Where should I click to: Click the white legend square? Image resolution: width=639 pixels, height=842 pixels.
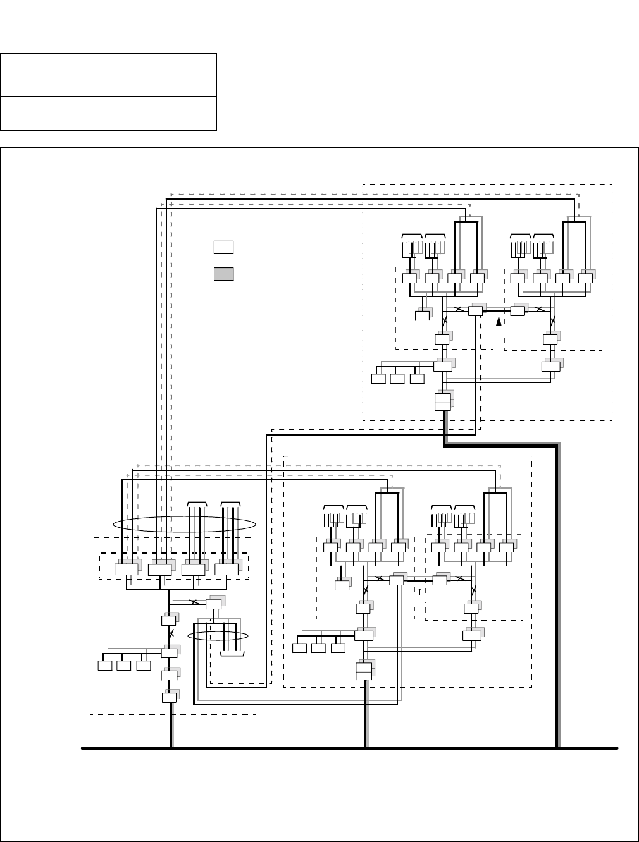coord(223,247)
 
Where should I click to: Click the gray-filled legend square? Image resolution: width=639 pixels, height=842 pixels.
coord(223,274)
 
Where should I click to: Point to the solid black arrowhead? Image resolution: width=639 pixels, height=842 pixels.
coord(499,322)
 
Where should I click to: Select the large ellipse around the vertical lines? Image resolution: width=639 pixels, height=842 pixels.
coord(184,523)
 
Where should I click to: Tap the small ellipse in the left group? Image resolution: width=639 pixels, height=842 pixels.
coord(220,637)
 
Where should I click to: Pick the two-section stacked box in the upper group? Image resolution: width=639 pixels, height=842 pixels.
coord(443,401)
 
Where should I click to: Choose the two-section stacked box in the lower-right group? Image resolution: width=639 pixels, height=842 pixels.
coord(363,671)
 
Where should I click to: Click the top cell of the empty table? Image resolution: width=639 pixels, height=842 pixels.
coord(108,64)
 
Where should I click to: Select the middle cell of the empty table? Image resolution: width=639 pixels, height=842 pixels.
coord(108,85)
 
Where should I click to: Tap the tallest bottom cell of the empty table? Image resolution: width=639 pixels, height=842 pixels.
coord(108,113)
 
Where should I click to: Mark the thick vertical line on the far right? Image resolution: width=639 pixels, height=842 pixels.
coord(557,594)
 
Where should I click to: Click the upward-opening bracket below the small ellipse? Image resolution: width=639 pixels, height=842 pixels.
coord(232,656)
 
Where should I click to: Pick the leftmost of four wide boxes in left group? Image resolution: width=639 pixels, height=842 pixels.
coord(126,569)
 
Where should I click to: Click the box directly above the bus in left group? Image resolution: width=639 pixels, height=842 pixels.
coord(169,698)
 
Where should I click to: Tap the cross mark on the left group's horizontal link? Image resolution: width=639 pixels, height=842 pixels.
coord(194,602)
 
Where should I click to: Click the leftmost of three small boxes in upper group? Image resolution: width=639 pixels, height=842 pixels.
coord(378,379)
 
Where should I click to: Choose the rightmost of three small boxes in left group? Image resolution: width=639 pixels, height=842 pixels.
coord(144,665)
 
